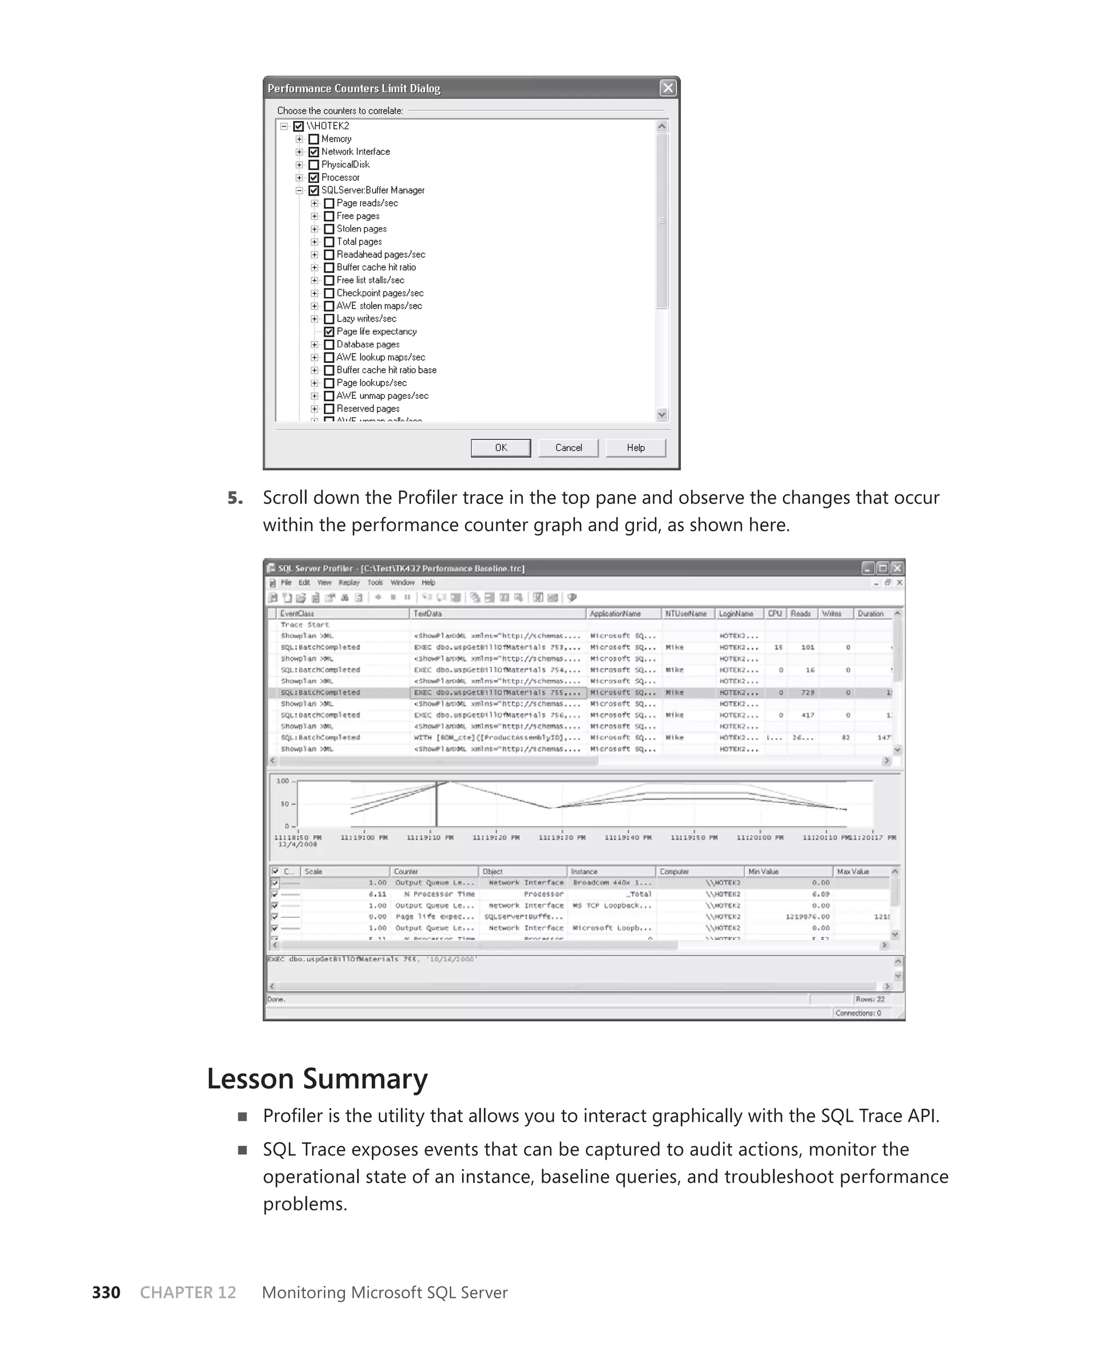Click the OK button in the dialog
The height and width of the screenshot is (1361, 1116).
tap(500, 448)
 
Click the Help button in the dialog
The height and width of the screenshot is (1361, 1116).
tap(635, 448)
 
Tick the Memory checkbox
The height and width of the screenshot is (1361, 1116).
tap(314, 139)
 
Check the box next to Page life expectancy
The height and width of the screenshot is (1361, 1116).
tap(329, 332)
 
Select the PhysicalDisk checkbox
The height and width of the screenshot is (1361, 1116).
tap(314, 165)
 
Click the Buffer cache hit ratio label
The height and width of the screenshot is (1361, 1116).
tap(376, 268)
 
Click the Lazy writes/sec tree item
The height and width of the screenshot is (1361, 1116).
tap(366, 319)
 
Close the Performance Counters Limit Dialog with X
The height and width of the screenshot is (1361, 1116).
tap(668, 88)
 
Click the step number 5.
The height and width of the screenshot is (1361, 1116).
tap(235, 498)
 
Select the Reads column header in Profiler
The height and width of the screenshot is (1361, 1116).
tap(800, 613)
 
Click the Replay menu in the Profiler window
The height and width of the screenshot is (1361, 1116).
tap(349, 583)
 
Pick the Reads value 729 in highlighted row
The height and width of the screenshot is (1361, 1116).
tap(808, 692)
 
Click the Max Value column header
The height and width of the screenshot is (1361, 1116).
tap(852, 872)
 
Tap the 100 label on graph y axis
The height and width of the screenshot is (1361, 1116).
tap(282, 781)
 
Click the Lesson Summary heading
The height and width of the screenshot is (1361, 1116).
tap(317, 1078)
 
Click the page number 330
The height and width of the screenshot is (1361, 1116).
tap(106, 1292)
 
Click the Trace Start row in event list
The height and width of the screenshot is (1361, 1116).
tap(305, 624)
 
